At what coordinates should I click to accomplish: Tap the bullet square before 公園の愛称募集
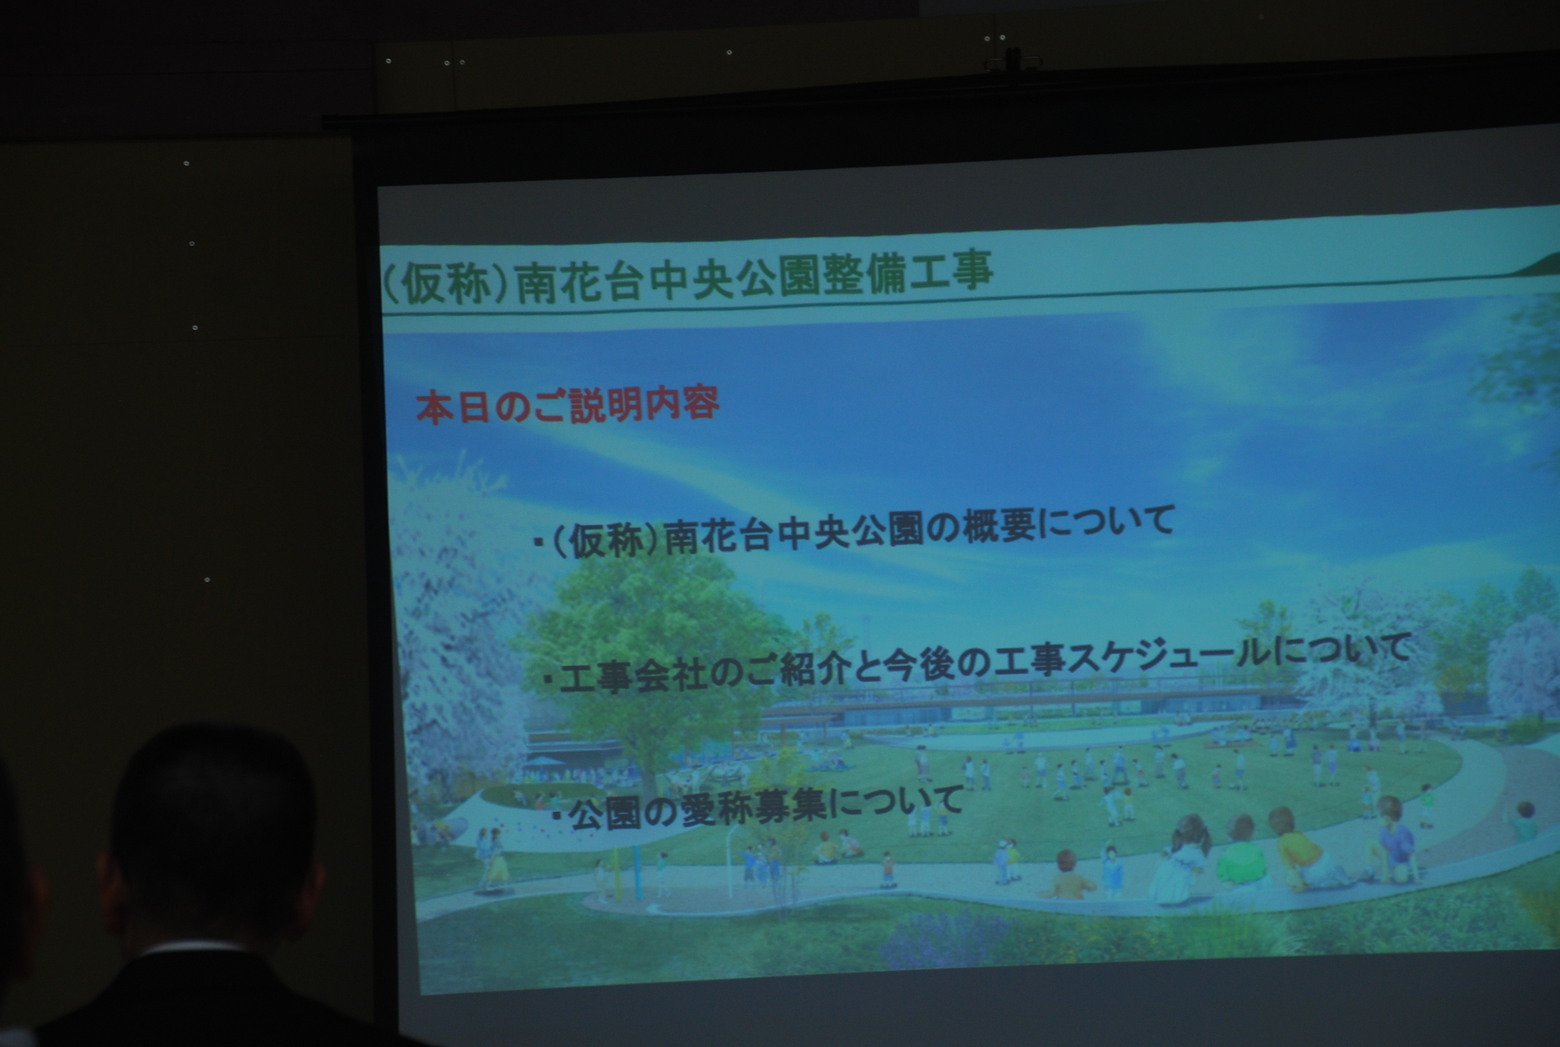(x=555, y=816)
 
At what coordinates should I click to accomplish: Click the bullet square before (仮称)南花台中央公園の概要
(x=538, y=543)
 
